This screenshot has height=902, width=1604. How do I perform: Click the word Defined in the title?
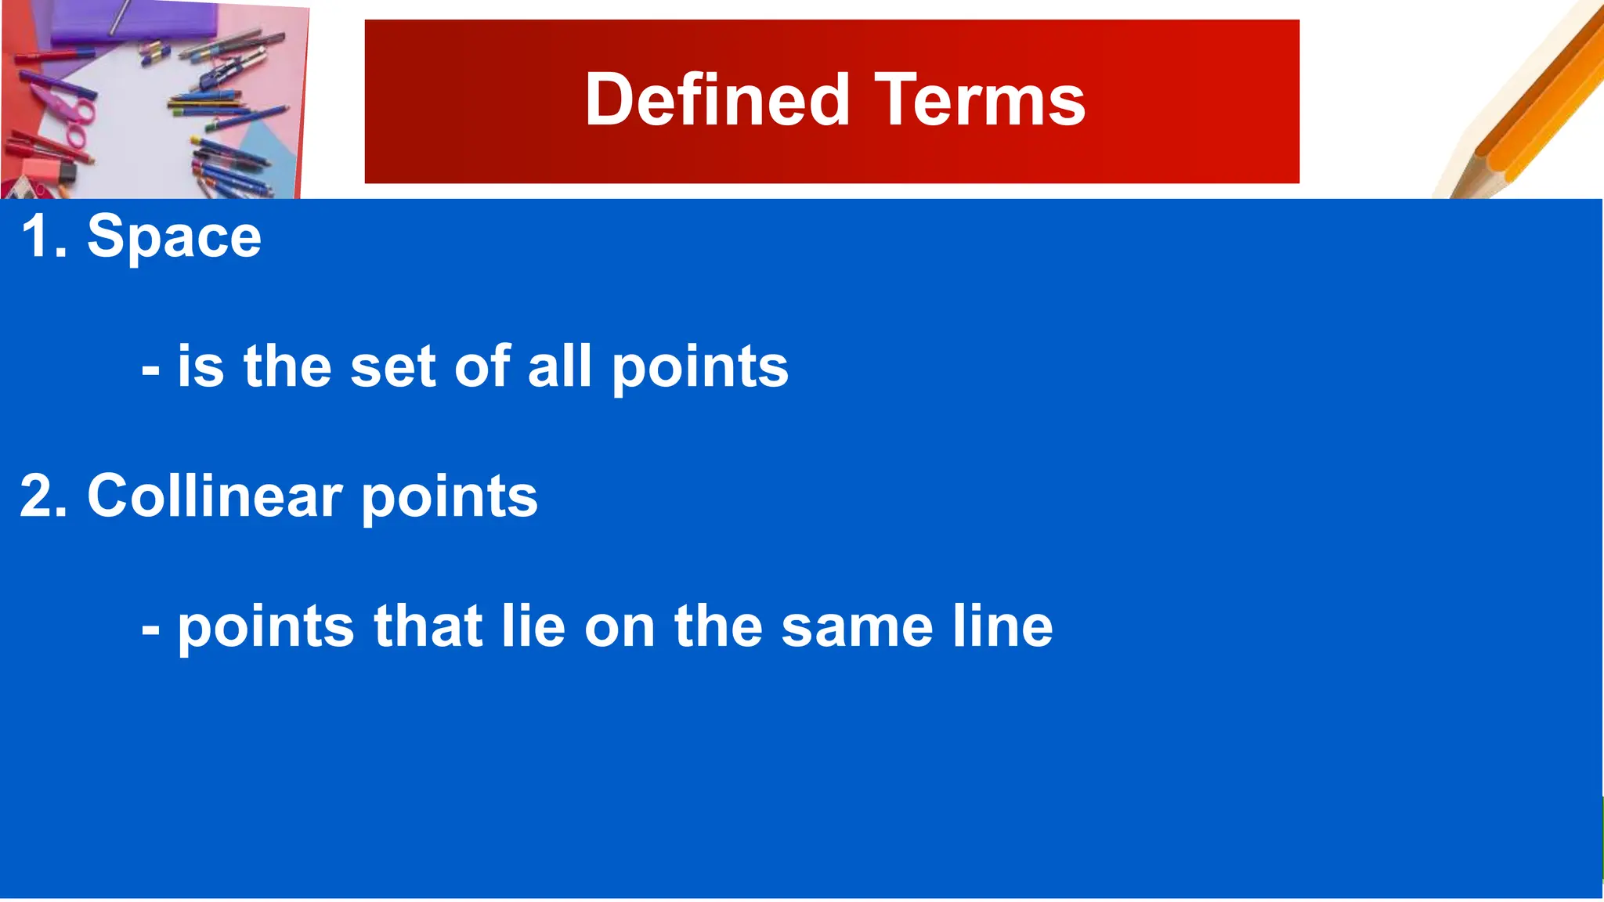[717, 99]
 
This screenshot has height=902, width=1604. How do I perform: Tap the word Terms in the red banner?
[980, 99]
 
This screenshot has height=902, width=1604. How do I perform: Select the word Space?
[174, 236]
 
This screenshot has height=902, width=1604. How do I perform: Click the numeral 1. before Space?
[44, 236]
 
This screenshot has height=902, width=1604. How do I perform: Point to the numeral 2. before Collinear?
[44, 496]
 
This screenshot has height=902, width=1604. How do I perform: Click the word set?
[392, 366]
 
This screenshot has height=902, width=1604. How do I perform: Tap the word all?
[559, 366]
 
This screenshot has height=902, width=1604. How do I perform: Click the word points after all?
[699, 368]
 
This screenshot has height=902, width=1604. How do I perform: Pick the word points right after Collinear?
[449, 498]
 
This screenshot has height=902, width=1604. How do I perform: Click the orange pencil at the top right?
[1535, 102]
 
